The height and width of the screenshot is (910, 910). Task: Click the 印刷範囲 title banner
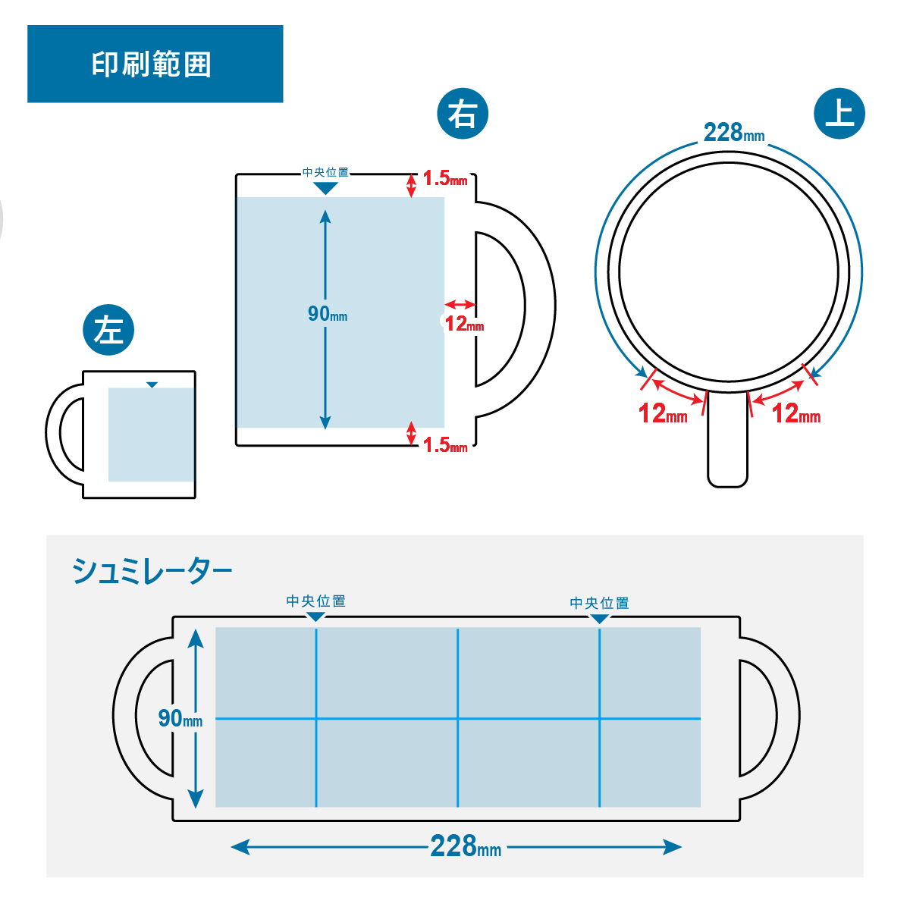(155, 64)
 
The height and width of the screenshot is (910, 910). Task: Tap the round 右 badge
(463, 115)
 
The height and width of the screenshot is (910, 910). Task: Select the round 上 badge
(839, 114)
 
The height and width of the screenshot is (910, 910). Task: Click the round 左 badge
(108, 330)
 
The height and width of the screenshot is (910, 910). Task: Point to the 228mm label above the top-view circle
(733, 133)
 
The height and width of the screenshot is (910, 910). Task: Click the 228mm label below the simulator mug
(465, 846)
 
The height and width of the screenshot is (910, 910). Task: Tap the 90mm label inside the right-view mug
(327, 314)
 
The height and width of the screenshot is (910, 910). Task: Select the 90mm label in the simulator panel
(180, 718)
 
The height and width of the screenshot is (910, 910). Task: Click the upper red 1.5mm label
(444, 179)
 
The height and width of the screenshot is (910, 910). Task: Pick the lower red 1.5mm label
(444, 445)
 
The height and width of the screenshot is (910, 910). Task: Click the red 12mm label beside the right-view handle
(463, 325)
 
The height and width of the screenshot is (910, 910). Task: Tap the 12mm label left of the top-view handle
(663, 414)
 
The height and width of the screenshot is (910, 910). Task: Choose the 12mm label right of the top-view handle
(795, 414)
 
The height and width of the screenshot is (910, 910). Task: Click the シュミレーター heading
(152, 571)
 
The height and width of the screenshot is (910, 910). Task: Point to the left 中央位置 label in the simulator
(315, 601)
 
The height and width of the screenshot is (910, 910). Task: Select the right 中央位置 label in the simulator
(599, 603)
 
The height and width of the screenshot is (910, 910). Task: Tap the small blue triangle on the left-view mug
(152, 385)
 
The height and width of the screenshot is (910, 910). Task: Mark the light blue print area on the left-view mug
(151, 436)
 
